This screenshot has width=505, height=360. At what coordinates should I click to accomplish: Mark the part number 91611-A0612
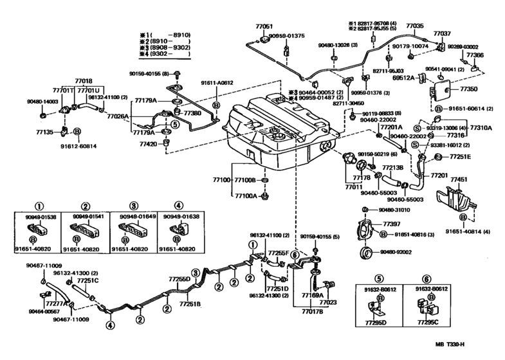tap(216, 83)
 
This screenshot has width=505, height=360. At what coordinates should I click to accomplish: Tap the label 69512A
tap(403, 77)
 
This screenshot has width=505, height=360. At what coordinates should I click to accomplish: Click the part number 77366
tap(475, 56)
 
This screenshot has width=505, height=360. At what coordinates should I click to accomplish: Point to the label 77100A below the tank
tap(246, 195)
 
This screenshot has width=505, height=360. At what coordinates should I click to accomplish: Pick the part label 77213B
tap(392, 168)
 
